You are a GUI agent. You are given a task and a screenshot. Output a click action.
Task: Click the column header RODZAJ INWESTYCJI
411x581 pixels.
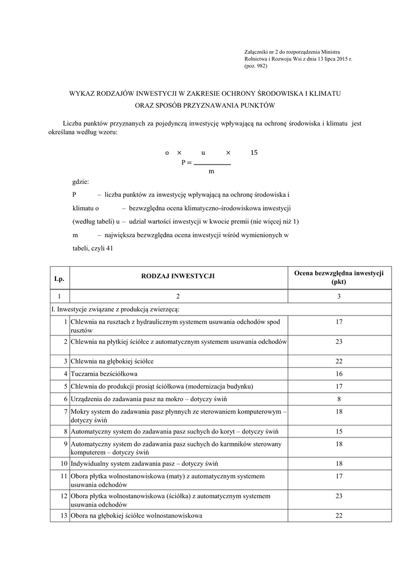177,277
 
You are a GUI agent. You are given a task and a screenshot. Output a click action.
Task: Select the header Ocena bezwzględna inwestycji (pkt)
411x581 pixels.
339,277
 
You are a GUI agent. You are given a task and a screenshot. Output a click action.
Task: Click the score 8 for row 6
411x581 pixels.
339,399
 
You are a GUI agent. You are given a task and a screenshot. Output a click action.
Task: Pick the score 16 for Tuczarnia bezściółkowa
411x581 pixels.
339,374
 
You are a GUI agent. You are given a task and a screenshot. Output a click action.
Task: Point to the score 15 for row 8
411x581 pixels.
339,432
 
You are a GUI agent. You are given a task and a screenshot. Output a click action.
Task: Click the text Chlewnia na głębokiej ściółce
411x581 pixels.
112,361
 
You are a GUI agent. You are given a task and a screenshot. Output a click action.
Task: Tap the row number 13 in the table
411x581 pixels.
63,516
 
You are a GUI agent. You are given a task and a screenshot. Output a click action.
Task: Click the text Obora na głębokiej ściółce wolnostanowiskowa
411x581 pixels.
137,516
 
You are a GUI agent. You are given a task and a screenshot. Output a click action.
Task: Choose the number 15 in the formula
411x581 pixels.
254,153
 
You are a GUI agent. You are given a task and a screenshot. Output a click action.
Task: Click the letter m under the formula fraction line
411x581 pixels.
211,171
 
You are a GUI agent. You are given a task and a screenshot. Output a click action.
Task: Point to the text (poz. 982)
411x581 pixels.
256,66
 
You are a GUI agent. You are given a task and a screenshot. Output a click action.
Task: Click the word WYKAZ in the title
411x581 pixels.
84,92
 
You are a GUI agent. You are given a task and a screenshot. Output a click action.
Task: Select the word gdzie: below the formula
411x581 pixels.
80,182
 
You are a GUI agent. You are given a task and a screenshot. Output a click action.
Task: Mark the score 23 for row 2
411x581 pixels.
339,342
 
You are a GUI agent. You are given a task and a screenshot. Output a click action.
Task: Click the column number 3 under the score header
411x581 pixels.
339,297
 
